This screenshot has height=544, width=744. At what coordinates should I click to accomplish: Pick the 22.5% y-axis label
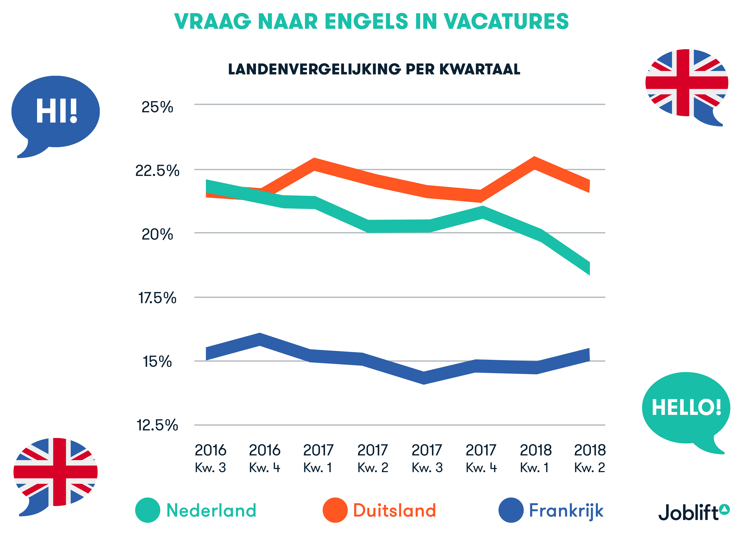tap(157, 171)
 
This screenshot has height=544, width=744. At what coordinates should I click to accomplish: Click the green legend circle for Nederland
tap(148, 510)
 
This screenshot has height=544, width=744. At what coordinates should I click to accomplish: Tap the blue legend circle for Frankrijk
tap(511, 510)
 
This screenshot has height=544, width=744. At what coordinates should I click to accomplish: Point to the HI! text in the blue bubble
tap(57, 111)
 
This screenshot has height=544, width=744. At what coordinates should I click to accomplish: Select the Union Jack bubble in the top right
tap(687, 84)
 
